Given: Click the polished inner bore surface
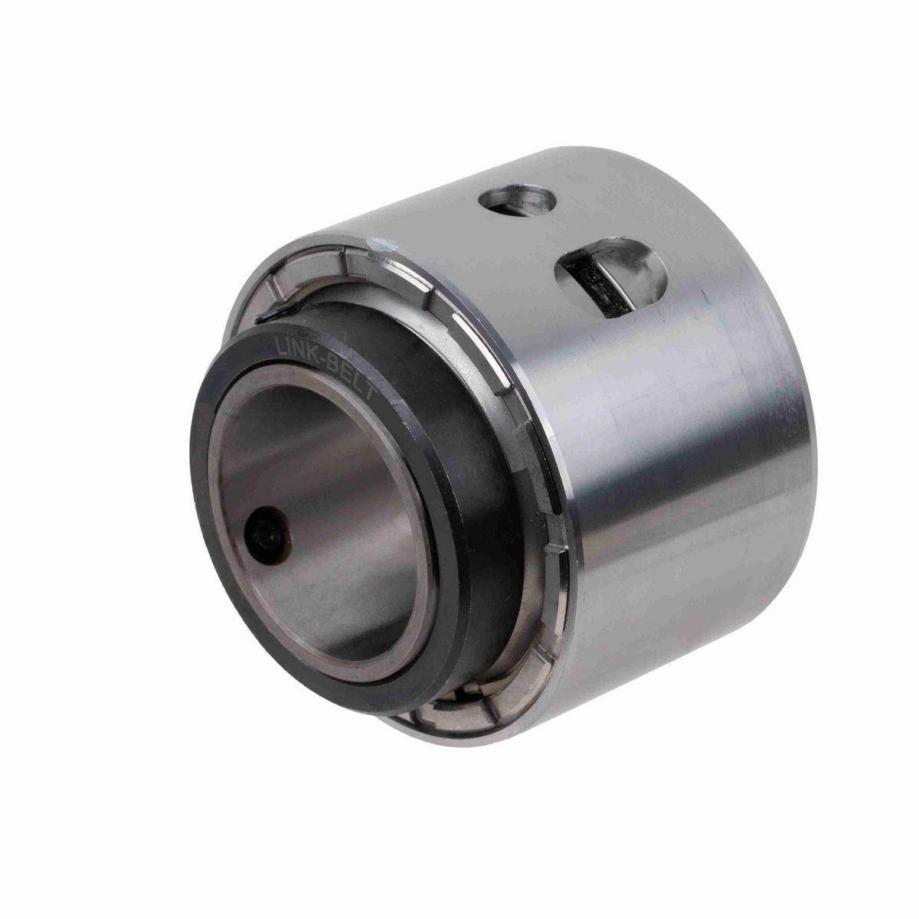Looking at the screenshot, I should (x=329, y=490).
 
